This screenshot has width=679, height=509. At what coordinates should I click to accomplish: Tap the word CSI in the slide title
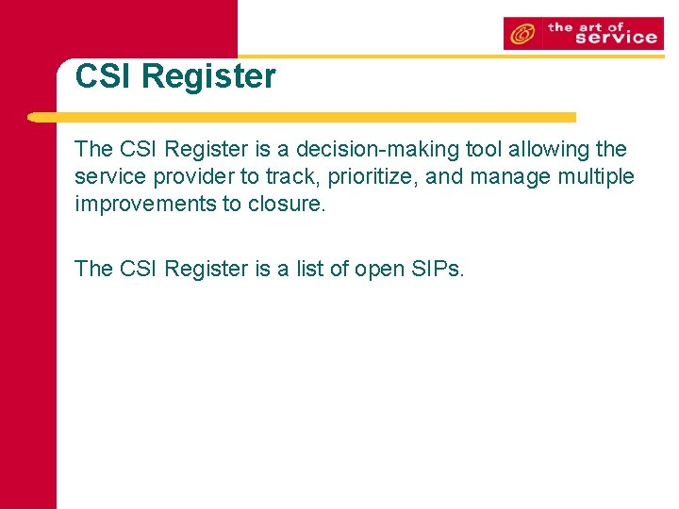[103, 76]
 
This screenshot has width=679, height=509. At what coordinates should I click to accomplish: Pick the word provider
[189, 177]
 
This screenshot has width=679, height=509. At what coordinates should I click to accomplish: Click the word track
[290, 177]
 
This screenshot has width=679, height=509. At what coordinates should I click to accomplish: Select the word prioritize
[373, 177]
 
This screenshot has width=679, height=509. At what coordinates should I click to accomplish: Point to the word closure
[287, 205]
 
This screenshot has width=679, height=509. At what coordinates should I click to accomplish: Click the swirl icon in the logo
[522, 34]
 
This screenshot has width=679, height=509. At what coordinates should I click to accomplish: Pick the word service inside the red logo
[615, 38]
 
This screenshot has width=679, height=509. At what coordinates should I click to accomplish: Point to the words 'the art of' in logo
[587, 26]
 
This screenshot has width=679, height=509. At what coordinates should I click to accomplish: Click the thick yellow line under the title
[302, 118]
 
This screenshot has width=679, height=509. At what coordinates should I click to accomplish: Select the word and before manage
[443, 177]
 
